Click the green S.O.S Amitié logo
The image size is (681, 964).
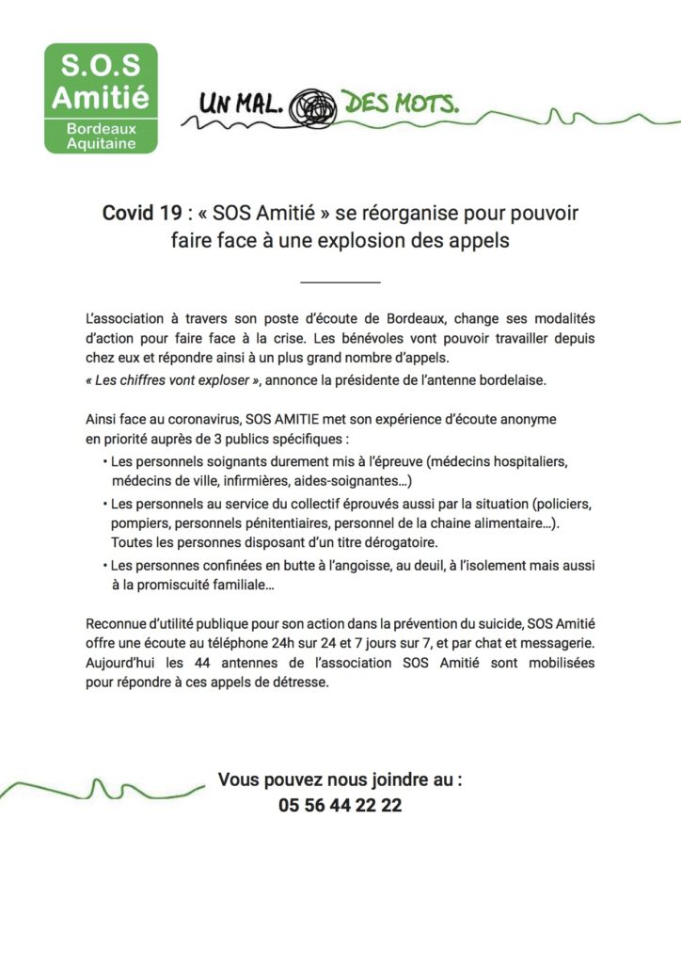click(x=101, y=98)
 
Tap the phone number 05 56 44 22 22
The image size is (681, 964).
click(x=340, y=806)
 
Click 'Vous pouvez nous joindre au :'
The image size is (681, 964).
click(x=340, y=780)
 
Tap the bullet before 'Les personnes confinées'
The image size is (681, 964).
click(x=104, y=566)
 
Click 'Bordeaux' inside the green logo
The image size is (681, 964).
click(x=101, y=129)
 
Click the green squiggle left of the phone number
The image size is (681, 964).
click(x=103, y=785)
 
